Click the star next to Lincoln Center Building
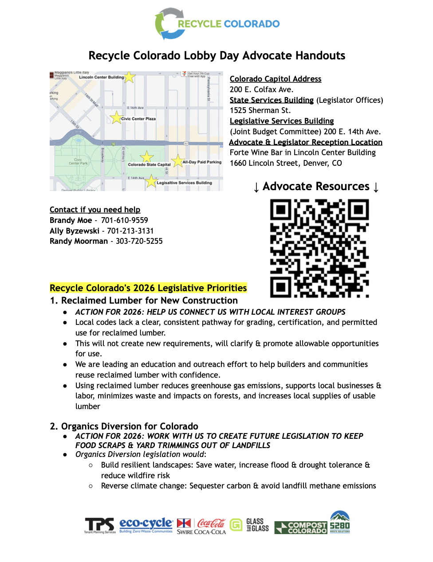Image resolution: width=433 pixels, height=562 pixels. [x=129, y=77]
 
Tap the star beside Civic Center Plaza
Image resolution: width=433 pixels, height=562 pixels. [x=116, y=117]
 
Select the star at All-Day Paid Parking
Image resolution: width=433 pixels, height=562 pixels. [x=177, y=161]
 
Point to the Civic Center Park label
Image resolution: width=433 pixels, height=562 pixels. [x=78, y=161]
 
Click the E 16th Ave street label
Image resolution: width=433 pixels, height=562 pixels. [x=135, y=108]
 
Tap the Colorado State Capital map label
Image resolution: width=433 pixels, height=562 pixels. [x=149, y=164]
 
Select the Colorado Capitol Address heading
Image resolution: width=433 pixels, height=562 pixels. [x=276, y=79]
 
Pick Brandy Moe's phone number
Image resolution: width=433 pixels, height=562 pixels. [x=124, y=220]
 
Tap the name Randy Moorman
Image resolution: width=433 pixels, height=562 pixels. [x=79, y=241]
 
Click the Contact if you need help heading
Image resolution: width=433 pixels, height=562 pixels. [x=95, y=210]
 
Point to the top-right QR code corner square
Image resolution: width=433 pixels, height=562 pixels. [x=358, y=210]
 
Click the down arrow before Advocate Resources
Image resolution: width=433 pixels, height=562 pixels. [x=256, y=187]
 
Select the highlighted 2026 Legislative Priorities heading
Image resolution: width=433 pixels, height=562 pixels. [x=148, y=288]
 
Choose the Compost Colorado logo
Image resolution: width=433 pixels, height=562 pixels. [x=301, y=527]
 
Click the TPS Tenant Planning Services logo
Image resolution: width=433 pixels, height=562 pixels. [x=100, y=526]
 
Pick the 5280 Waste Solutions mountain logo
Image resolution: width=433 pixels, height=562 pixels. [x=340, y=522]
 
